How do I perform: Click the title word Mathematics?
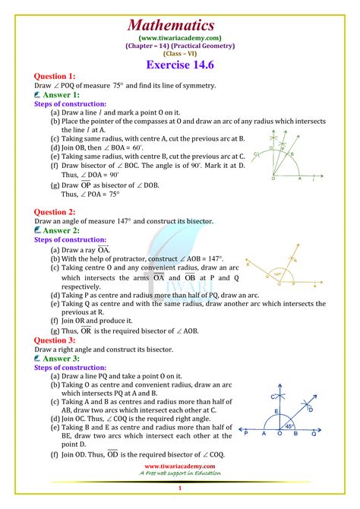180,24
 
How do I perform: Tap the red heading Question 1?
55,77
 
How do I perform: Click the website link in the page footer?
179,466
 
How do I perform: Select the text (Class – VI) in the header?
180,55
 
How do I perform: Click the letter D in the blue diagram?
310,410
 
